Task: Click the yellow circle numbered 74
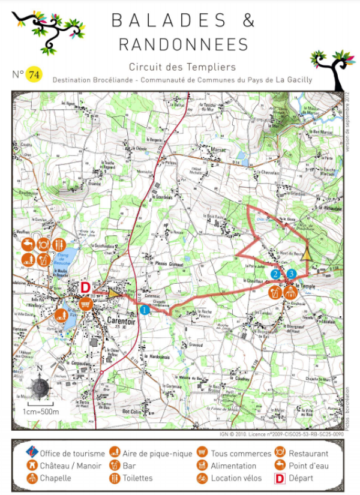point(34,74)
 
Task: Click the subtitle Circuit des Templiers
point(182,67)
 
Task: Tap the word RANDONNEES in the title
point(183,44)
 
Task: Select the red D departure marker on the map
point(85,287)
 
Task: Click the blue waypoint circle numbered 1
point(145,310)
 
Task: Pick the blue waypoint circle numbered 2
point(275,274)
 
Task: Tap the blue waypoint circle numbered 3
point(291,274)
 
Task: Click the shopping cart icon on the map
point(85,303)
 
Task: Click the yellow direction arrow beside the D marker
point(113,293)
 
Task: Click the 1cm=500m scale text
point(41,412)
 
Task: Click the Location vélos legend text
point(236,478)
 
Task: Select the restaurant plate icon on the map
point(43,245)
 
